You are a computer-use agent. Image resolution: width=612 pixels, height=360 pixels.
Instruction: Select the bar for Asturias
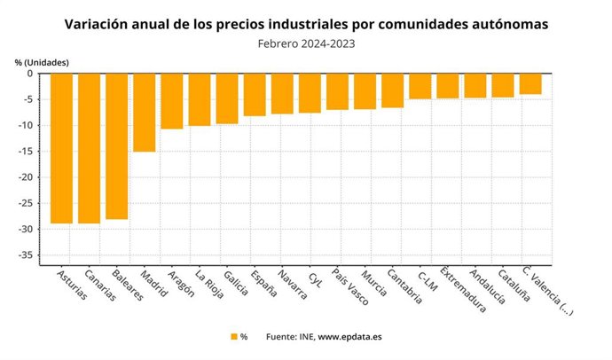tap(61, 148)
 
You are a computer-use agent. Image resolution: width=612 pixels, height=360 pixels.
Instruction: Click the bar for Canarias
tap(89, 148)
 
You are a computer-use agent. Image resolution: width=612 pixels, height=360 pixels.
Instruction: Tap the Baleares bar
tap(116, 146)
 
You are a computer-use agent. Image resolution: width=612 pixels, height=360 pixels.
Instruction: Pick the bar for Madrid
tap(144, 113)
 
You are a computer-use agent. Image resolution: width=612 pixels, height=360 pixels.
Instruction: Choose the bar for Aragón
tap(171, 101)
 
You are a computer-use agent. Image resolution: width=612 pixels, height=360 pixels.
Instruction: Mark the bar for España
tap(255, 94)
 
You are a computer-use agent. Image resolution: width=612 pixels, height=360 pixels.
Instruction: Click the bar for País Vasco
tap(337, 91)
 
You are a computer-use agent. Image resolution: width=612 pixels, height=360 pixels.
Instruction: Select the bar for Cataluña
tap(503, 85)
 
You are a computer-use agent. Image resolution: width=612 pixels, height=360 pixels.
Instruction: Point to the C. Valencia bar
tap(530, 83)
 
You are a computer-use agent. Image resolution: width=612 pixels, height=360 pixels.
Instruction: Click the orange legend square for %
tap(234, 337)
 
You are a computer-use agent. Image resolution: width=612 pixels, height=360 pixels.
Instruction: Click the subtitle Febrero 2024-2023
tap(305, 42)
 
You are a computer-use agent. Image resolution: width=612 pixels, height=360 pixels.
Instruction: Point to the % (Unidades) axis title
tap(41, 61)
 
